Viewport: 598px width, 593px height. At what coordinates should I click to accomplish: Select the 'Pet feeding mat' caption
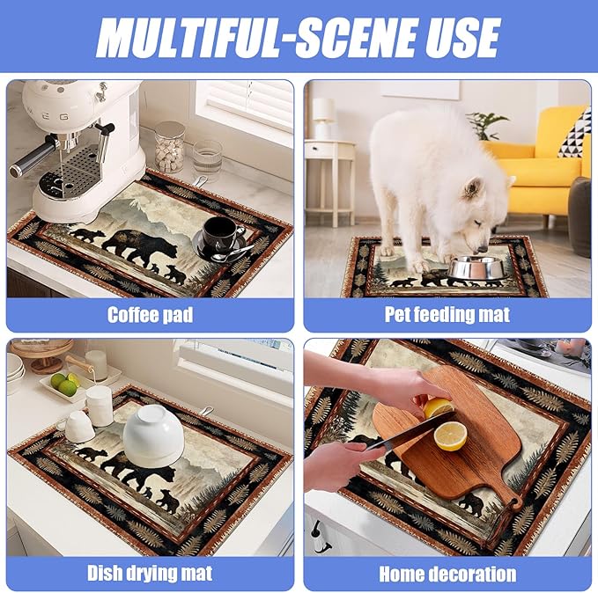pos(447,314)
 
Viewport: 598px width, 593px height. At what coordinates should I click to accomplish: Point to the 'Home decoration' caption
pos(447,575)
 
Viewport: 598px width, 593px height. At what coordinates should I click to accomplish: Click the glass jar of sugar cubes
pos(169,146)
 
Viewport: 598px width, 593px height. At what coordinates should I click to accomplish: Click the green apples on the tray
pos(63,384)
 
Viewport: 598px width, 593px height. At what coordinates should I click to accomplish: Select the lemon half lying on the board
pos(450,436)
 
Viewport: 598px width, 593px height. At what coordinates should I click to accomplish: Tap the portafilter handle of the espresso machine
pos(35,157)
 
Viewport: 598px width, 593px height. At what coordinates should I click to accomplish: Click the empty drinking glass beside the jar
pos(207,158)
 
